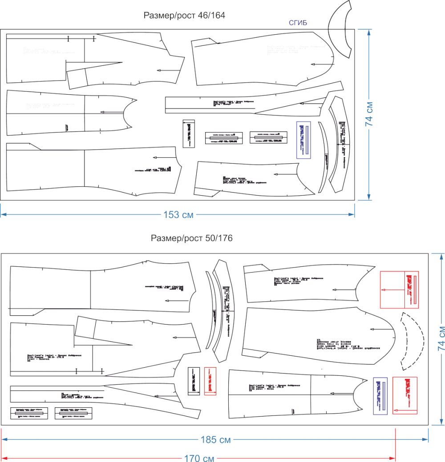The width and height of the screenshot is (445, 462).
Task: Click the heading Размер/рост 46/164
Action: (185, 15)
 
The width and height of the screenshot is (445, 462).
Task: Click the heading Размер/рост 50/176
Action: (191, 238)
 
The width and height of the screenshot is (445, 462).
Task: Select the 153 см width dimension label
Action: (178, 215)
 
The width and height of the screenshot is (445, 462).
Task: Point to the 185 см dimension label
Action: (216, 440)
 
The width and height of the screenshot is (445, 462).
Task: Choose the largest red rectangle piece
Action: (399, 289)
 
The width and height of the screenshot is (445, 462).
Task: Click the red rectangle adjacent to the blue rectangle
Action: (405, 395)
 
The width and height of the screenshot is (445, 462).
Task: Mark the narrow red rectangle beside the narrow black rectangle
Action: (210, 381)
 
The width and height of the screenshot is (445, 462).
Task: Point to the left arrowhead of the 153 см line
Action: (2, 215)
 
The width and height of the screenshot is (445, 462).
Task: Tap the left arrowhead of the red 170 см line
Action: (2, 458)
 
